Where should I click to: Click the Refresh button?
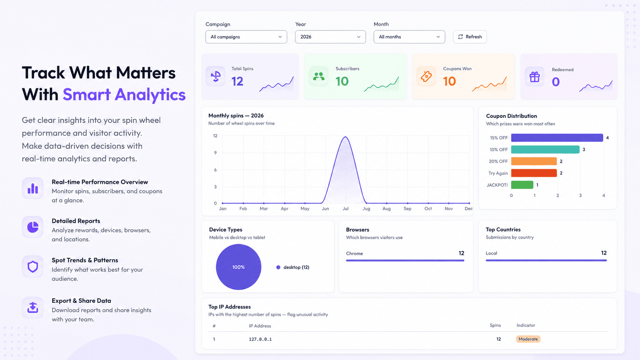(470, 37)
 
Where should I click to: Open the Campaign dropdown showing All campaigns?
(246, 37)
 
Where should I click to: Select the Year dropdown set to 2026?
(330, 37)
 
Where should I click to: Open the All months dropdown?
(409, 37)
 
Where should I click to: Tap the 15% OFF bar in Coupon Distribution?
(557, 138)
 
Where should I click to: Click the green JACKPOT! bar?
(522, 185)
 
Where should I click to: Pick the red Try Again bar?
(534, 173)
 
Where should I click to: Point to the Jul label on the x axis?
(346, 208)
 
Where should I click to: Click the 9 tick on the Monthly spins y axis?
(215, 153)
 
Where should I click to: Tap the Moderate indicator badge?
(528, 339)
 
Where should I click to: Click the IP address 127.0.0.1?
(260, 340)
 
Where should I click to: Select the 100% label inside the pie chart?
(238, 267)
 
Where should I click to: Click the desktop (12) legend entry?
(293, 268)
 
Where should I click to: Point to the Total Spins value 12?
(237, 82)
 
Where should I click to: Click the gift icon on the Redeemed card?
(534, 77)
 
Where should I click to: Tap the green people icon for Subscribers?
(318, 76)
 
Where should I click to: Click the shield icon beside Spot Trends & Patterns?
(32, 266)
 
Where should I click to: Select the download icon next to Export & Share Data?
(32, 308)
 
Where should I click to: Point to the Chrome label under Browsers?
(354, 254)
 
